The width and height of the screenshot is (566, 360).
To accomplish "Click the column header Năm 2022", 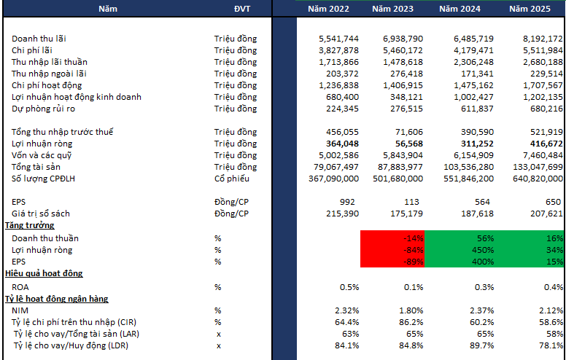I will point(328,9).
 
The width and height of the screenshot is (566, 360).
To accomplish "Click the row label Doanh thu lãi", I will point(44,38).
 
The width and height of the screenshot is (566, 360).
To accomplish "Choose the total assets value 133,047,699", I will point(531,167).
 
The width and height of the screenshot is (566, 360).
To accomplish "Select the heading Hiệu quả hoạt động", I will point(44,273).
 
